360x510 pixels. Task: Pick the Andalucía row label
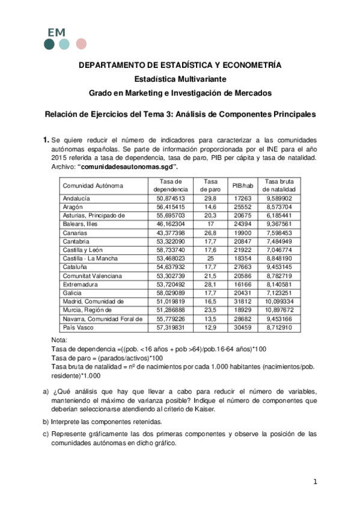76,198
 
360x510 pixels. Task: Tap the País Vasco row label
78,328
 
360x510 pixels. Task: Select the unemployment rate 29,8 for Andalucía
210,198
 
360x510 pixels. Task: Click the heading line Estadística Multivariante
180,79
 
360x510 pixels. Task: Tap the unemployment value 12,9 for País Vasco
210,328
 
